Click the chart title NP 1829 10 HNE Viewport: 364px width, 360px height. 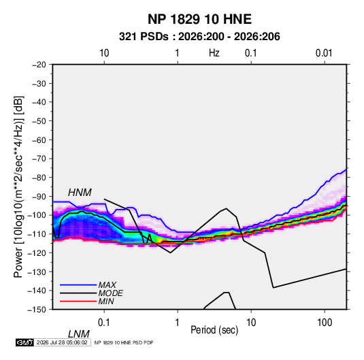tap(199, 19)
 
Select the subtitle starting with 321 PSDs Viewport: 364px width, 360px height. tap(199, 37)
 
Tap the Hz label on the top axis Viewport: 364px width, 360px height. tap(214, 53)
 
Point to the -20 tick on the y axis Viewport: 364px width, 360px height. tap(39, 65)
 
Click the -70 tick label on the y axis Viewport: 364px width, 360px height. tap(39, 159)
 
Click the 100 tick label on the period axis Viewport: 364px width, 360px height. tap(325, 323)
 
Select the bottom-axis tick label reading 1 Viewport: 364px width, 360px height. tap(178, 323)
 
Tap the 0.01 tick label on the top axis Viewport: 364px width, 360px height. tap(324, 53)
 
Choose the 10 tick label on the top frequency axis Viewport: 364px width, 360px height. tap(104, 53)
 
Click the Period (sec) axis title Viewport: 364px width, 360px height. tap(214, 330)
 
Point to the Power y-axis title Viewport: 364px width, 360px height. tap(18, 187)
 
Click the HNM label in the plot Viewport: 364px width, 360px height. tap(80, 193)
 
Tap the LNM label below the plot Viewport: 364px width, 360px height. tap(79, 334)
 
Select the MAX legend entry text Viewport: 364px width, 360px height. tap(107, 284)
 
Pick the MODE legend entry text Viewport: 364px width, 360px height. tap(110, 293)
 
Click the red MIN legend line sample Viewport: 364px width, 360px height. tap(78, 301)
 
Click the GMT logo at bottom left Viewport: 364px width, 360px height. tap(25, 342)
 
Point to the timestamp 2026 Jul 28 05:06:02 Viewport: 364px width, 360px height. tap(62, 342)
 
